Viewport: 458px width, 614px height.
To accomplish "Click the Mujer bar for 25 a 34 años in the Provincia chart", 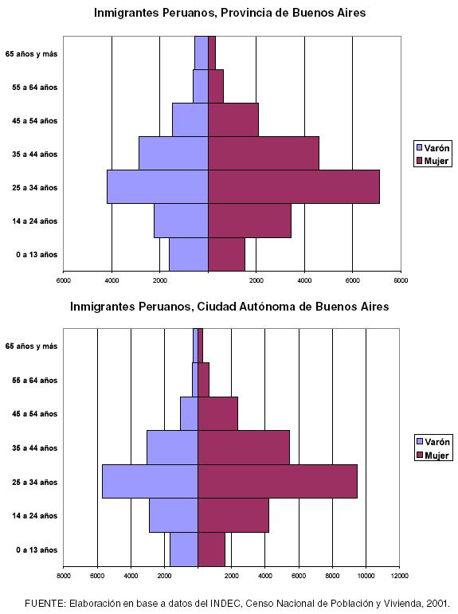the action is pos(294,187).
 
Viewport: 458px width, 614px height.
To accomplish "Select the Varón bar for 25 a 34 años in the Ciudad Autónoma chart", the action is pos(150,481).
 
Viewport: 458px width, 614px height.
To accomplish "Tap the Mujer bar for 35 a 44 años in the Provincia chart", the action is pos(264,153).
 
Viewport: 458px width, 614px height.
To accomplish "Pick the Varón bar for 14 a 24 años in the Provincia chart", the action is pos(181,221).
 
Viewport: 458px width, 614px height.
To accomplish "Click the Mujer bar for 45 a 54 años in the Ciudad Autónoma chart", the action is pos(217,413).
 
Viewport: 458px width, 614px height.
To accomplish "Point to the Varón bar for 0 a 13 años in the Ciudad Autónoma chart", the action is pos(184,549).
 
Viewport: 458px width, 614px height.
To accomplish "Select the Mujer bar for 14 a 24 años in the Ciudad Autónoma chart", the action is pos(233,515).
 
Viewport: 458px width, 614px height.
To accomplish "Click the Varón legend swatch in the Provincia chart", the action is pos(419,148).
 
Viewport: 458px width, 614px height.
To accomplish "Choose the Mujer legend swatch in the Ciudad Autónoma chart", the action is pos(420,455).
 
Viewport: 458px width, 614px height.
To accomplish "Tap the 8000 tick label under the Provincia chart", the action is pos(401,280).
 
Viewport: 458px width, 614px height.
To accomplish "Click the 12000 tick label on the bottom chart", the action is pos(399,576).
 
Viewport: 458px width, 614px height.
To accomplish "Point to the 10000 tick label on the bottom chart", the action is pos(366,576).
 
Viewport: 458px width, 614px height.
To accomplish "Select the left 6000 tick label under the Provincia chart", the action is pos(64,280).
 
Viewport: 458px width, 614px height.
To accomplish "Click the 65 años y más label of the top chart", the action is pos(31,54).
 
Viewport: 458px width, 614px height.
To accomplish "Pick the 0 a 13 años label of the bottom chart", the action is pos(37,549).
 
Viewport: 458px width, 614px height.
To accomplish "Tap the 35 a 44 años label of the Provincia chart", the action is pos(34,154).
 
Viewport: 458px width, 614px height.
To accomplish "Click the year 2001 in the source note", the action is pos(438,604).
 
